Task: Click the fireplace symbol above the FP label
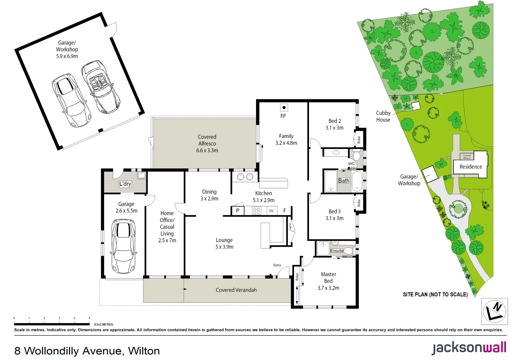point(284,107)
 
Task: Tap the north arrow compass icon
point(494,311)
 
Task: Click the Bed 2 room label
point(335,121)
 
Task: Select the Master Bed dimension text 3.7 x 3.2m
point(328,288)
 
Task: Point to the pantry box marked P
point(238,211)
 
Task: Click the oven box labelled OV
point(271,211)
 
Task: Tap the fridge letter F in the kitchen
point(285,211)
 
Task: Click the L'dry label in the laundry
point(125,184)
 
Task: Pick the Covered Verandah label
point(236,290)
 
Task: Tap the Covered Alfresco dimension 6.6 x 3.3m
point(207,151)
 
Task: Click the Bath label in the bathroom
point(344,181)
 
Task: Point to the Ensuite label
point(337,251)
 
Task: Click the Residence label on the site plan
point(471,167)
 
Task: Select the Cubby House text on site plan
point(383,116)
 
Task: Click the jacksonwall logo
point(469,348)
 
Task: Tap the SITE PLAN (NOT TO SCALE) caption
point(435,295)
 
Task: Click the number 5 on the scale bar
point(89,318)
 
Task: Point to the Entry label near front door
point(277,265)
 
